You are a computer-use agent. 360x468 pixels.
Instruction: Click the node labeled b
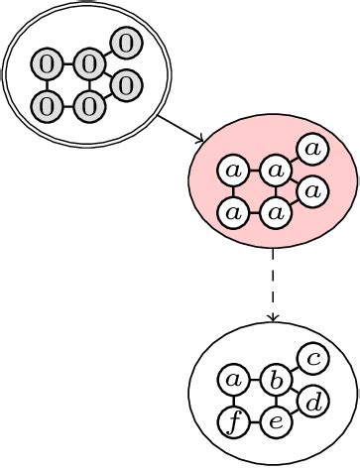[277, 380]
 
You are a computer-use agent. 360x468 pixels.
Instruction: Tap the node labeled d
[313, 403]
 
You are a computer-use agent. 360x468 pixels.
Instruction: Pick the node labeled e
[277, 423]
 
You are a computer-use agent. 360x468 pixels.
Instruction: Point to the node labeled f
[234, 423]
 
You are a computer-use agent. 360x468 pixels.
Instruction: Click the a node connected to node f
[234, 380]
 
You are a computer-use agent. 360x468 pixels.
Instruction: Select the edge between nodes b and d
[296, 392]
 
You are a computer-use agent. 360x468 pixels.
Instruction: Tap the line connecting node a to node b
[255, 380]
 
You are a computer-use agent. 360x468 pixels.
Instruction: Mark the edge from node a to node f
[234, 402]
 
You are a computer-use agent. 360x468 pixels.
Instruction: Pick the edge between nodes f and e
[255, 423]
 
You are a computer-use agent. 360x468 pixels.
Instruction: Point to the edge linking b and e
[277, 402]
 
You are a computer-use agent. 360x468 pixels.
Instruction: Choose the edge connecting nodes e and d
[296, 413]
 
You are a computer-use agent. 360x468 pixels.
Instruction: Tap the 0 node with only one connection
[126, 43]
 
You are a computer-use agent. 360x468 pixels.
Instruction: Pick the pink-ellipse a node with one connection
[312, 149]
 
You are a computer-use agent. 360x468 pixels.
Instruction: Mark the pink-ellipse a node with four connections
[276, 170]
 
